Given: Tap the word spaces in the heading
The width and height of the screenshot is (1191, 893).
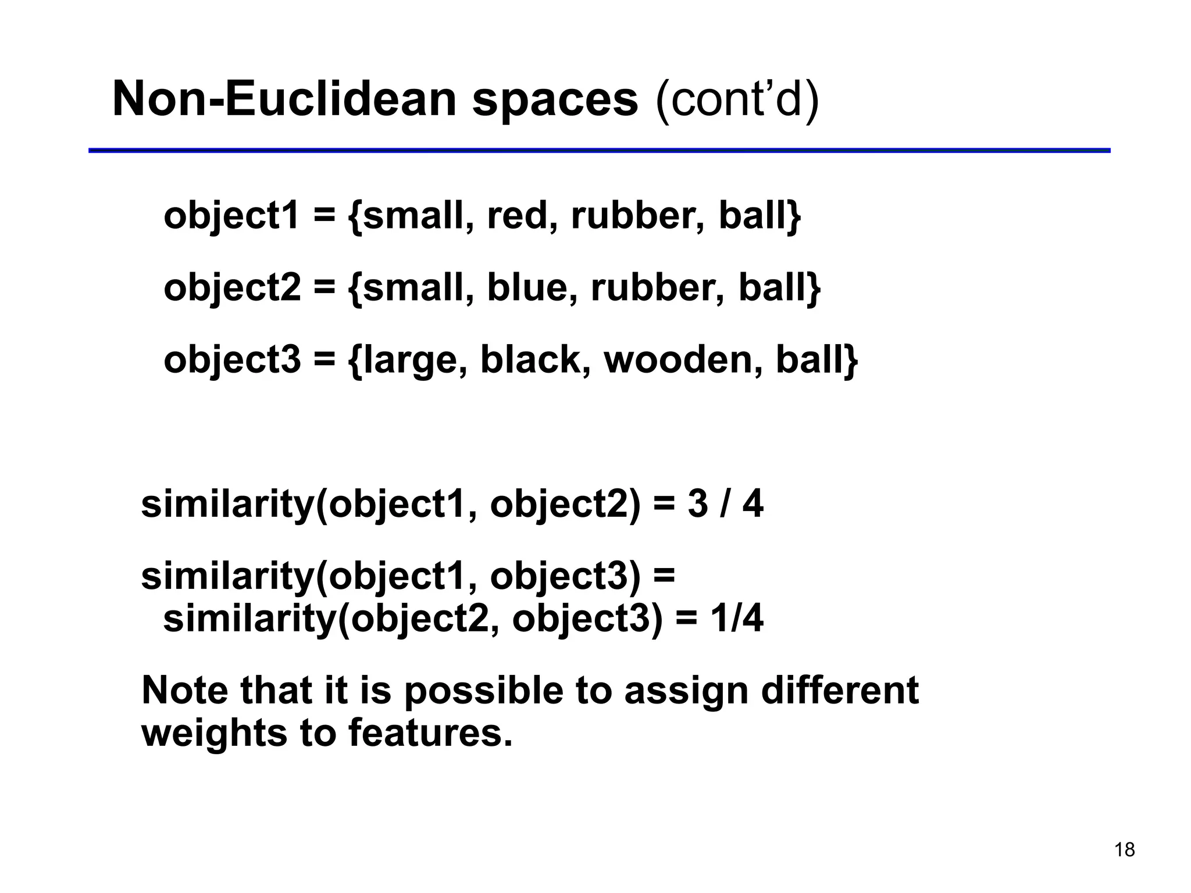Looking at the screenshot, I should [555, 99].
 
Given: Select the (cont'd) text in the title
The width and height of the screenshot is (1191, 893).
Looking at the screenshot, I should [737, 99].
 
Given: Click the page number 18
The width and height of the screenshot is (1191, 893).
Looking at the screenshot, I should [1124, 849].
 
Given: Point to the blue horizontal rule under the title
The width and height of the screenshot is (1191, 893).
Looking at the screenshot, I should [599, 151].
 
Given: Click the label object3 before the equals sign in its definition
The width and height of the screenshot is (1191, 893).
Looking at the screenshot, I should [232, 361].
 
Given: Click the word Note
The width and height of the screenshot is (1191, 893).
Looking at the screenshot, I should [184, 690].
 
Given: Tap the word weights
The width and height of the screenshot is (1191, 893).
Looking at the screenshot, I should [215, 734].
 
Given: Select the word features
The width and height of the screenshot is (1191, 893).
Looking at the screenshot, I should [430, 733].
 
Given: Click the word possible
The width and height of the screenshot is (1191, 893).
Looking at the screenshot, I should [483, 691].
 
